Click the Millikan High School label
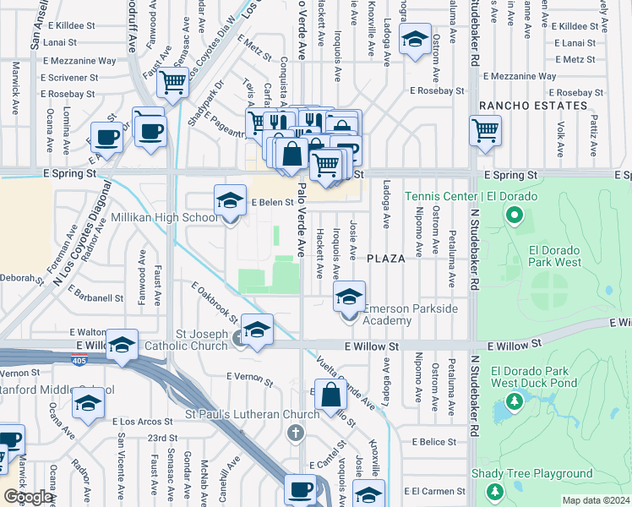[165, 218]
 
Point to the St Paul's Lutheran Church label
[253, 414]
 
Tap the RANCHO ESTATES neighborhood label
[532, 106]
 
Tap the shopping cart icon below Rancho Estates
[485, 131]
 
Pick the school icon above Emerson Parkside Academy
[349, 297]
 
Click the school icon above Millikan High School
[228, 201]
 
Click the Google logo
[29, 497]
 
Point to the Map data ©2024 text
[596, 500]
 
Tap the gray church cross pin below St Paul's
[295, 433]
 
